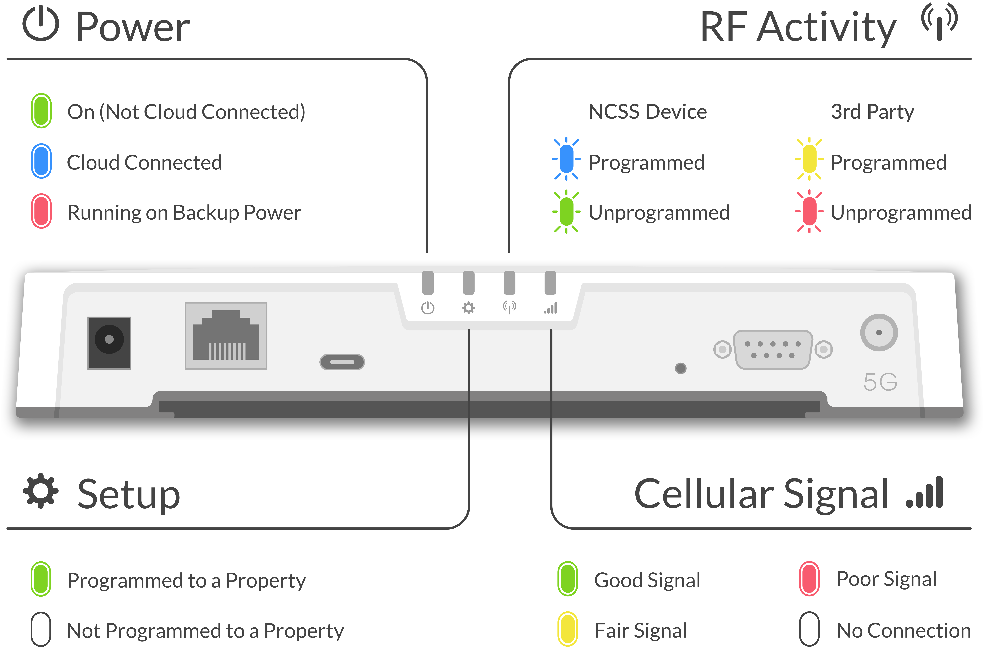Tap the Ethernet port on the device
tap(226, 336)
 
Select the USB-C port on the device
tap(342, 362)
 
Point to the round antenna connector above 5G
tap(879, 332)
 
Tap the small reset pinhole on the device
tap(681, 368)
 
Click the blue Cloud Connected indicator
tap(41, 161)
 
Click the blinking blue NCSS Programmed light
tap(566, 159)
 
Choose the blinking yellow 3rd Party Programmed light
tap(809, 159)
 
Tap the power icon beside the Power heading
tap(41, 25)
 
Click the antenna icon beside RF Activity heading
tap(939, 23)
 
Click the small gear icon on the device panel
tap(468, 308)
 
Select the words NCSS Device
tap(648, 112)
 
